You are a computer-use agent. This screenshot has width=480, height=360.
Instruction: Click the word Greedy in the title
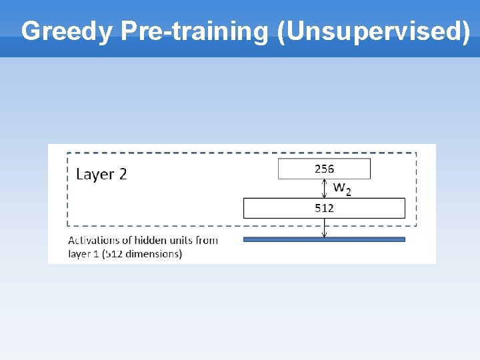tap(67, 31)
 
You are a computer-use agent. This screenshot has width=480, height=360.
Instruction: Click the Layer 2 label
tap(101, 174)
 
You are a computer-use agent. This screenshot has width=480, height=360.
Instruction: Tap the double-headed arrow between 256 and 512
tap(325, 189)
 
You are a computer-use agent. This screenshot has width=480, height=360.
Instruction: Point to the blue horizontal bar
tap(324, 239)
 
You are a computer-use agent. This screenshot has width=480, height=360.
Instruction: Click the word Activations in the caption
tap(93, 240)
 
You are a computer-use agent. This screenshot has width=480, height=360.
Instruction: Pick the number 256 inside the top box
tap(324, 169)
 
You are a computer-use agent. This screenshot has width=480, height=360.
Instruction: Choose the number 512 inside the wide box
tap(324, 208)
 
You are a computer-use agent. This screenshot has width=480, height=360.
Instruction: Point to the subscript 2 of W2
tap(347, 191)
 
